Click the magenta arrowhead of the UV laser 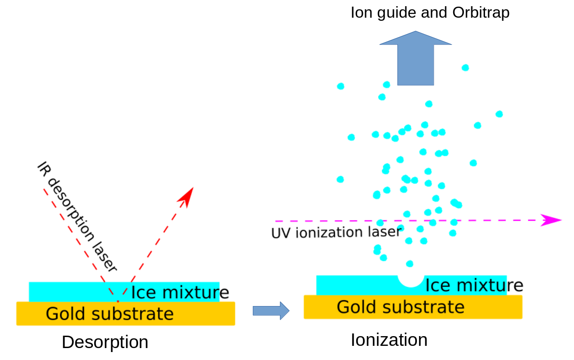pos(551,220)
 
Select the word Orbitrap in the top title pos(481,12)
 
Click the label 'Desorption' pos(105,342)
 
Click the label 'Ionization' pos(389,340)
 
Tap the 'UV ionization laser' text pos(335,232)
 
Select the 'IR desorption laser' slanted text pos(77,217)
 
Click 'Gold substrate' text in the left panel pos(110,314)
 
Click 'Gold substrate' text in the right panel pos(401,306)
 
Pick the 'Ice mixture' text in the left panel pos(180,292)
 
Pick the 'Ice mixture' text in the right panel pos(474,285)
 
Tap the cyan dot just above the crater pos(410,264)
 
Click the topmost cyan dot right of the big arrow pos(465,68)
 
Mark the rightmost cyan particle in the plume pos(499,114)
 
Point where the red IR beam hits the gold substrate pos(118,302)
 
